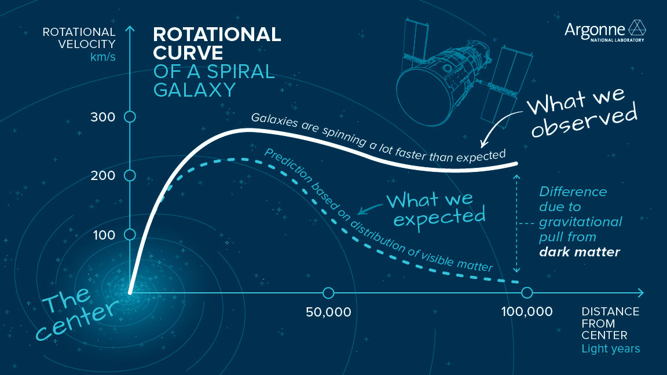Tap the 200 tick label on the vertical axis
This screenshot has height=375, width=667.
(103, 175)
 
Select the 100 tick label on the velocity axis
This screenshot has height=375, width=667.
(103, 235)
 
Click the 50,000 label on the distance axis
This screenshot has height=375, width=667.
(328, 312)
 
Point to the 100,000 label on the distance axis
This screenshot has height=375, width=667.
(526, 312)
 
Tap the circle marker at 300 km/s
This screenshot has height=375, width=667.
(130, 117)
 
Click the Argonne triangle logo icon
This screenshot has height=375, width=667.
(637, 28)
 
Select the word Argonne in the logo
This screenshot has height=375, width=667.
(595, 29)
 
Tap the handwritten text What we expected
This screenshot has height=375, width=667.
(435, 208)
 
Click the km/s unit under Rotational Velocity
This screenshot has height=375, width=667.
(102, 57)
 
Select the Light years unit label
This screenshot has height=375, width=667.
(610, 348)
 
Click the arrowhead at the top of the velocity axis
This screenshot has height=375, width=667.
(130, 29)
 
